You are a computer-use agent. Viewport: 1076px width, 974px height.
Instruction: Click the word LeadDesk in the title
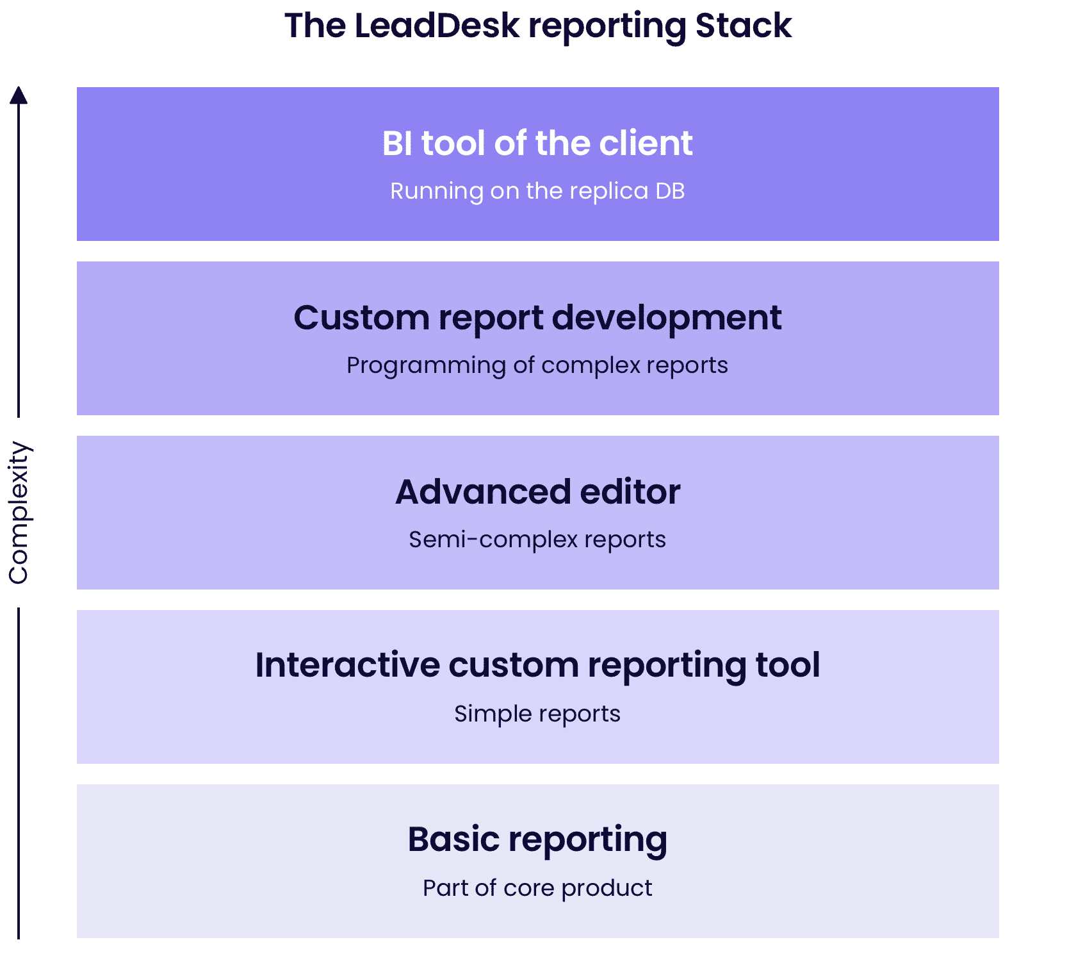click(x=437, y=26)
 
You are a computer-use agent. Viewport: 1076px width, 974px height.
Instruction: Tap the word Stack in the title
click(x=744, y=26)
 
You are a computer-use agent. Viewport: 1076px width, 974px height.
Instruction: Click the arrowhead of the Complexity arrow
click(x=19, y=95)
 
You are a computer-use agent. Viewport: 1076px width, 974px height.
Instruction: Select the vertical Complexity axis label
click(x=19, y=513)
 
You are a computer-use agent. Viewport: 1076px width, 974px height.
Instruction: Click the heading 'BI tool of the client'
click(x=537, y=143)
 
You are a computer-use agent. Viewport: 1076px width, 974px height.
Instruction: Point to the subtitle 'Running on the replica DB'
click(x=537, y=191)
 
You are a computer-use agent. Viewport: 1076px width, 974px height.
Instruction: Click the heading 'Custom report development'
click(x=537, y=318)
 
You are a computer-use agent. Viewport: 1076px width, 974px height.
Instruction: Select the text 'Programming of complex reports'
click(x=537, y=365)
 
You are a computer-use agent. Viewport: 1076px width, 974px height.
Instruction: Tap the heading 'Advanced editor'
click(x=537, y=491)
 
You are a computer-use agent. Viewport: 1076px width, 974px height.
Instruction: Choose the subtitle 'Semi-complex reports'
click(x=537, y=540)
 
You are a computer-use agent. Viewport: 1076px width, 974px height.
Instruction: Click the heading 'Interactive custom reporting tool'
click(x=537, y=665)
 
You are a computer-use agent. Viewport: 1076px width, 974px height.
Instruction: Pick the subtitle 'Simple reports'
click(x=537, y=714)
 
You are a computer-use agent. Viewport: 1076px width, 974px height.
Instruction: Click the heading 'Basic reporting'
click(x=537, y=840)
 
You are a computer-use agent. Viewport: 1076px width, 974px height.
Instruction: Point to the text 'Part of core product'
click(x=537, y=888)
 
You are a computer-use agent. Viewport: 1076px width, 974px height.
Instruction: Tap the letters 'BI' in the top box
click(x=397, y=143)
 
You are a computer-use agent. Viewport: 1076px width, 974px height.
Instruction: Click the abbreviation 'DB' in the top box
click(x=670, y=191)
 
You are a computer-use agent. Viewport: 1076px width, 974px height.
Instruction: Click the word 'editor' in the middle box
click(x=630, y=491)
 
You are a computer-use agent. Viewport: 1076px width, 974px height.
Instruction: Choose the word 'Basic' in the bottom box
click(x=453, y=839)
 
